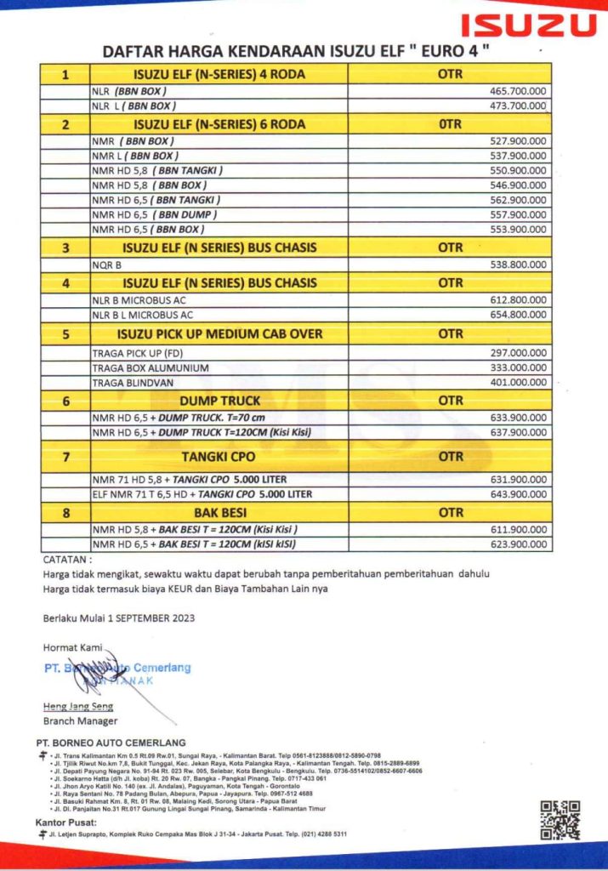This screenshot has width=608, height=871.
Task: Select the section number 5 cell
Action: [x=65, y=334]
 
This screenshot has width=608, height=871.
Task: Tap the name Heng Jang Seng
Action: [x=78, y=706]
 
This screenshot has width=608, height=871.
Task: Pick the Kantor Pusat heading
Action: [x=66, y=823]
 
